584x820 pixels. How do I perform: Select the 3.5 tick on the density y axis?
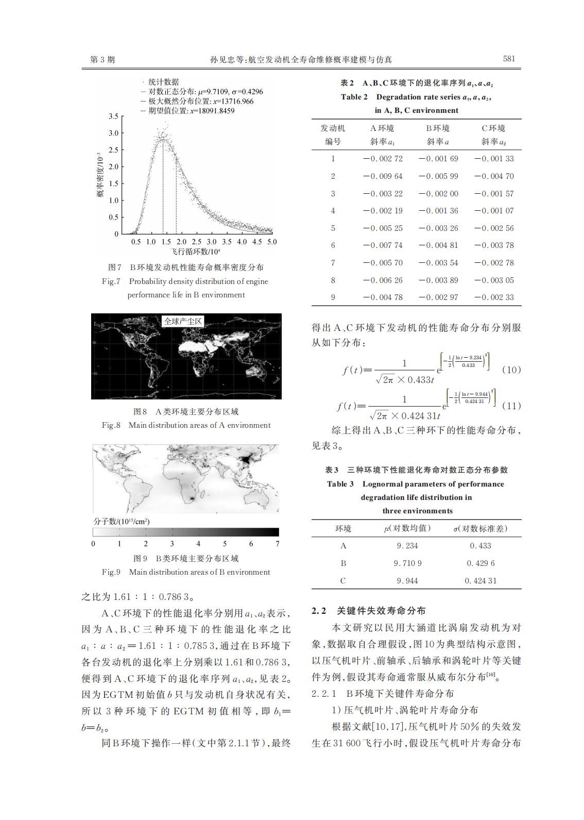[113, 116]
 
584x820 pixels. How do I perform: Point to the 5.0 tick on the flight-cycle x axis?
[271, 242]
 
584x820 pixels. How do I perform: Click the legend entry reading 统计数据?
[163, 82]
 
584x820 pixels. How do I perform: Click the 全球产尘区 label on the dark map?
[183, 322]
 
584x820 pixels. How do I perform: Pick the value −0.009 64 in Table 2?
[383, 176]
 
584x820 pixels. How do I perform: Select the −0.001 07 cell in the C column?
[494, 211]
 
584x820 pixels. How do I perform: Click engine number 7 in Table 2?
[333, 263]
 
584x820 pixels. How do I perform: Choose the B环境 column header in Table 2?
[438, 128]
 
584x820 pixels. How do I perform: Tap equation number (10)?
[511, 370]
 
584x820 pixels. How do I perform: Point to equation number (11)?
[511, 406]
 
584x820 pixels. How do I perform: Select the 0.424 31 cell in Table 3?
[480, 581]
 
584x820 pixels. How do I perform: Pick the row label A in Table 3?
[343, 546]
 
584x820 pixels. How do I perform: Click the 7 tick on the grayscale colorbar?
[278, 544]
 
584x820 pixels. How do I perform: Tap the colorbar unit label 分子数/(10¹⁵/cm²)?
[122, 521]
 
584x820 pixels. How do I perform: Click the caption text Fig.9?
[111, 572]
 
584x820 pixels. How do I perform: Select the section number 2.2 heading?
[319, 611]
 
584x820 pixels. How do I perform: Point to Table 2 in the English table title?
[354, 97]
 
